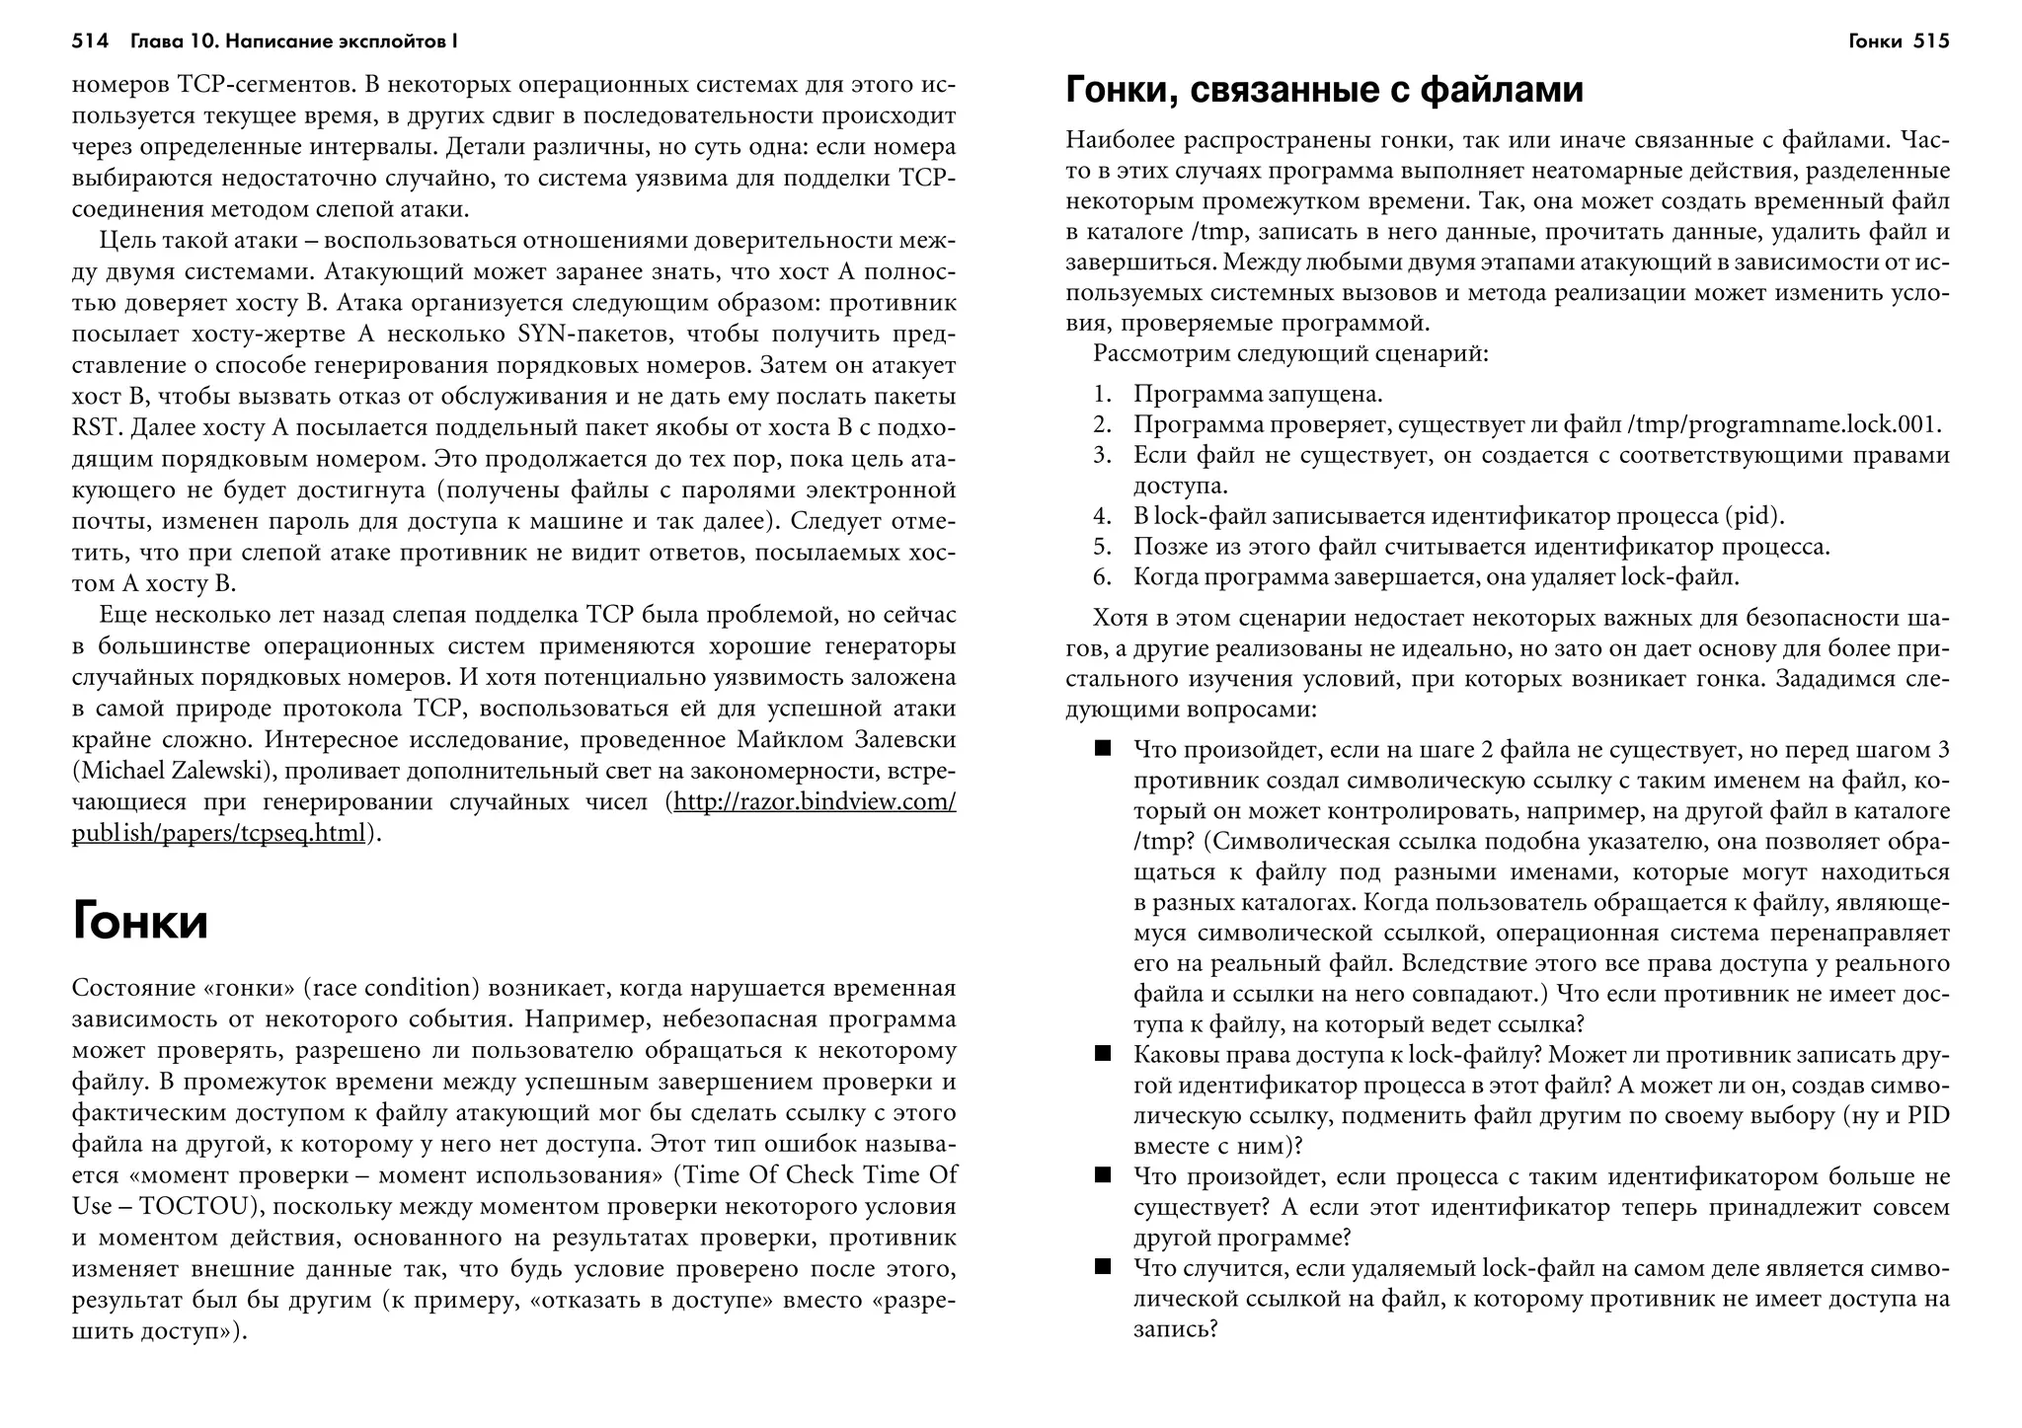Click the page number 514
[x=89, y=41]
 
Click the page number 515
[x=1930, y=41]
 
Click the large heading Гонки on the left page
[x=139, y=923]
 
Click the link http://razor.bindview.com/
[x=814, y=801]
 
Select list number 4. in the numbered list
[x=1103, y=516]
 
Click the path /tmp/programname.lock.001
[x=1784, y=424]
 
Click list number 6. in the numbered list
[x=1103, y=577]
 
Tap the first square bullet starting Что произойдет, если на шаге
[x=1103, y=749]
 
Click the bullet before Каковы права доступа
[x=1103, y=1054]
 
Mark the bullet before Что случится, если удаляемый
[x=1103, y=1267]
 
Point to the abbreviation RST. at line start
[x=97, y=427]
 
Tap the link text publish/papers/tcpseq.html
[x=218, y=833]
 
